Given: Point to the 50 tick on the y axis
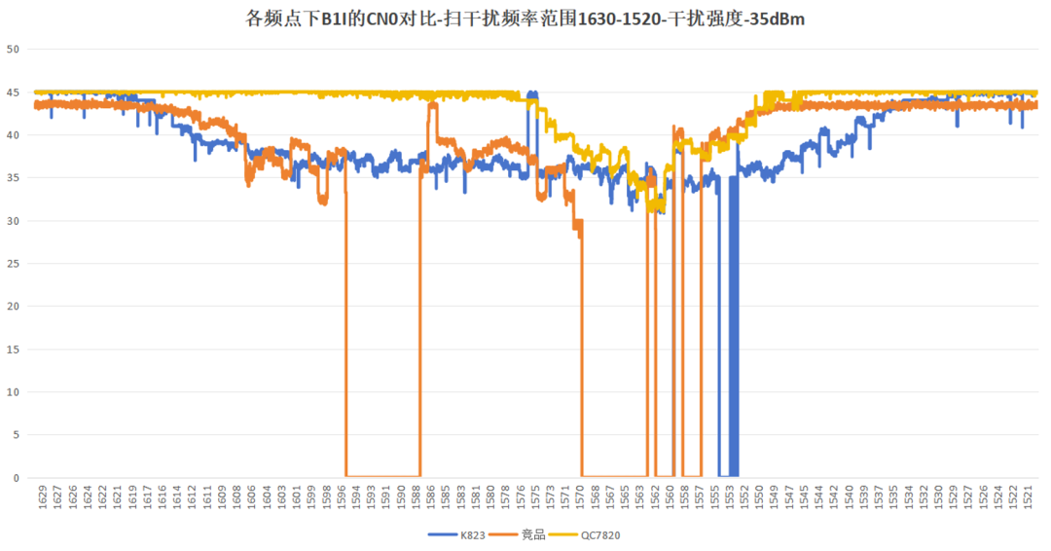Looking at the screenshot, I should coord(13,49).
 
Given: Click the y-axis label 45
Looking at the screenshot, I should coord(13,92).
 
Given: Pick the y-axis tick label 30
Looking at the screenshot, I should coord(13,221).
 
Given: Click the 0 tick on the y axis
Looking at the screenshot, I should coord(16,478).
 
